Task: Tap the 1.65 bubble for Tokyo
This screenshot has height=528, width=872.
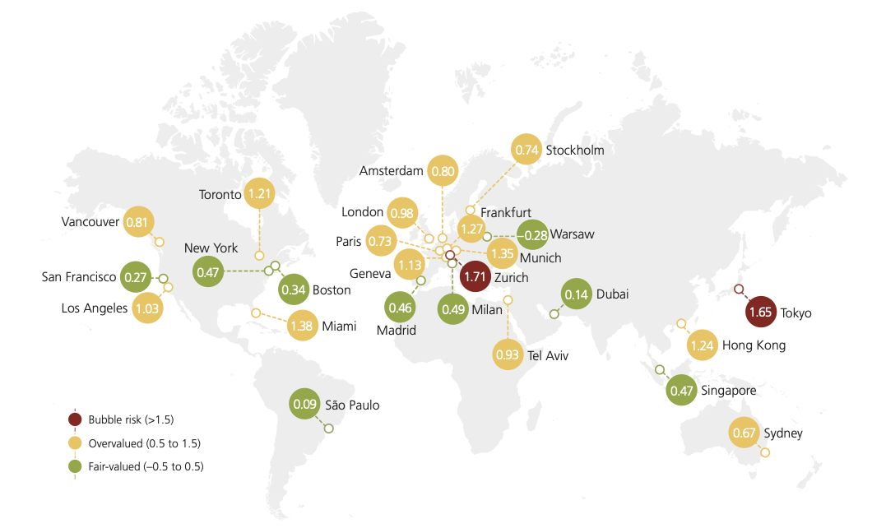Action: [762, 313]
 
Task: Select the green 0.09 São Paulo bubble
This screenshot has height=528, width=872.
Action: [306, 404]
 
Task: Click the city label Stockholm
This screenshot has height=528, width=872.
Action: [575, 150]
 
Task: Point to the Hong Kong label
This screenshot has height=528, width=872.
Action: [754, 345]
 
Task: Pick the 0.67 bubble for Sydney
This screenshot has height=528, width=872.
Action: [744, 433]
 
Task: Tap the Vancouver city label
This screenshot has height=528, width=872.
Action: [90, 222]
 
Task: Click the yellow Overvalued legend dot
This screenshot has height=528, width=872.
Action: [75, 443]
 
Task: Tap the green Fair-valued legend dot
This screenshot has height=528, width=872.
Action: [75, 466]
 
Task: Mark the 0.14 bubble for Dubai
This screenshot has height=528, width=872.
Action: [577, 294]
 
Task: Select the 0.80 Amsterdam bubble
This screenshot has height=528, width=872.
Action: [443, 172]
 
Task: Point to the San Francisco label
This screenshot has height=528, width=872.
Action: [79, 277]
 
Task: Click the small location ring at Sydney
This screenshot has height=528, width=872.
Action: [766, 452]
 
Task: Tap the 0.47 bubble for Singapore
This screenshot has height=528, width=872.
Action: [681, 391]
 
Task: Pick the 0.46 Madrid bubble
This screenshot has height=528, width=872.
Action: [400, 308]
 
